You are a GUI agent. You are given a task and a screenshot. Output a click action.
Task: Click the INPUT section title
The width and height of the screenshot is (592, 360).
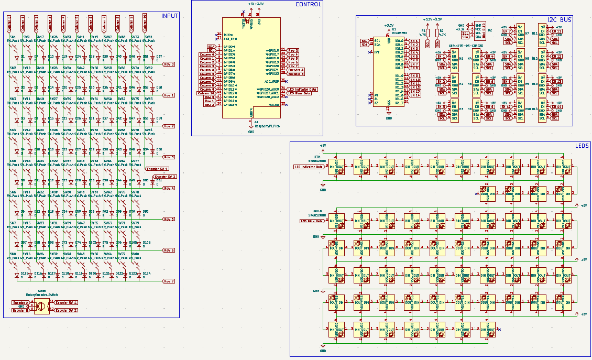(x=169, y=16)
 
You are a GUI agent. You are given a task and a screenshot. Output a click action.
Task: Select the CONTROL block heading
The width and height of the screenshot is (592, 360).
(x=309, y=4)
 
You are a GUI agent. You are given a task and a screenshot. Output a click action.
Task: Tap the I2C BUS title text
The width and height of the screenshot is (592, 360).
(x=559, y=19)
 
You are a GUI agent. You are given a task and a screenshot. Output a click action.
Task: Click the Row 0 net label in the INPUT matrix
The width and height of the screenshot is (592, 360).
(x=169, y=64)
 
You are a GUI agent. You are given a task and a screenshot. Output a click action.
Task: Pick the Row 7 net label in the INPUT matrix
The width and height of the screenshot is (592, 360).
(x=169, y=281)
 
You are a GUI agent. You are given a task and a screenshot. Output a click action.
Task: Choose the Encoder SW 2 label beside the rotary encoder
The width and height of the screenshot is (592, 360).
(x=66, y=310)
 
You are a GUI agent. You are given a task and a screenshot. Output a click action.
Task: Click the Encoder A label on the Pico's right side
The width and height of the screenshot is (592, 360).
(x=296, y=70)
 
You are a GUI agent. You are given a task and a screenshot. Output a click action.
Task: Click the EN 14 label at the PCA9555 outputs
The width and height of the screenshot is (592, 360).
(x=415, y=95)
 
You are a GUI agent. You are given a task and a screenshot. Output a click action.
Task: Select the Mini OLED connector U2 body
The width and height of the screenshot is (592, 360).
(x=478, y=31)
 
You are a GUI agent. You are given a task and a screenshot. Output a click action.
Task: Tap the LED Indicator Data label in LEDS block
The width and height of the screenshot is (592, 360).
(x=309, y=167)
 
